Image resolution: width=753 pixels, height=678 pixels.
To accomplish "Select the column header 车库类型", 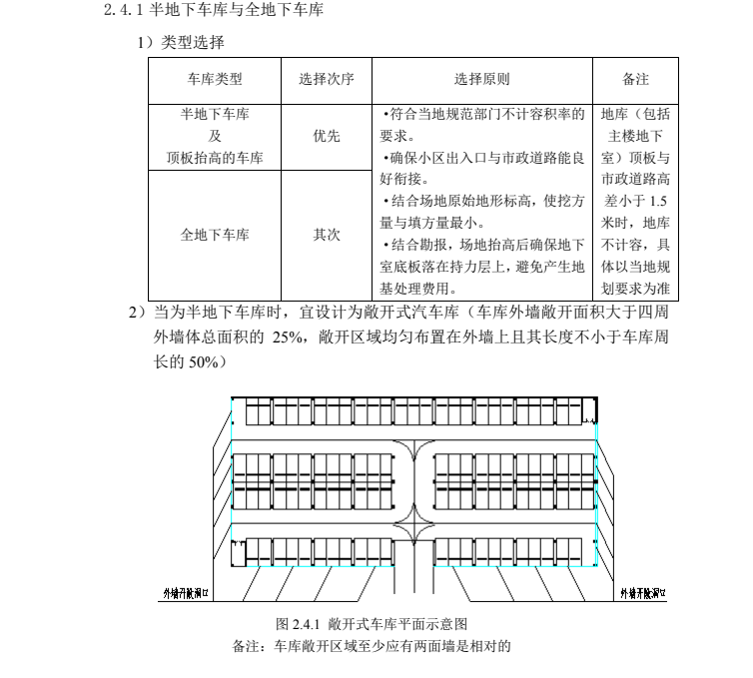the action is pos(214,79).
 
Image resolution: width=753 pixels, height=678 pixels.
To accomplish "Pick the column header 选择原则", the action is pos(482,79).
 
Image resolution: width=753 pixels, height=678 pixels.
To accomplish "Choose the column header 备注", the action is pos(635,79).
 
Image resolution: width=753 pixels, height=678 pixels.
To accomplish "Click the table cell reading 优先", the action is pos(326,136).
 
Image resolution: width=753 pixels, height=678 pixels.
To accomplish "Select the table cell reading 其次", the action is pos(326,235).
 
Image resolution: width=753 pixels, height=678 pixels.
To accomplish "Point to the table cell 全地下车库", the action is pos(214,235).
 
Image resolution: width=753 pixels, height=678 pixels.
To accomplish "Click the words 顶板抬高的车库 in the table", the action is pos(214,157).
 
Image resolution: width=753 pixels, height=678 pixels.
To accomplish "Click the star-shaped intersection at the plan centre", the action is pos(414,521).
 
